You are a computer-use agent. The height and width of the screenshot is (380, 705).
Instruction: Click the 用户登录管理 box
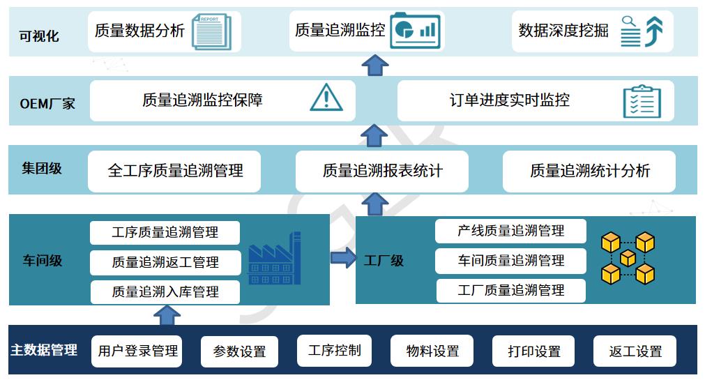pos(137,351)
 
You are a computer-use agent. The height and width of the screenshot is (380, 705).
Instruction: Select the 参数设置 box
pos(239,351)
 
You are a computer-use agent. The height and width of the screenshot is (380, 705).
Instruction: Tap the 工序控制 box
pos(335,350)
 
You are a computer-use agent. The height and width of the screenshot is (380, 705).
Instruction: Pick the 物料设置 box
pos(432,351)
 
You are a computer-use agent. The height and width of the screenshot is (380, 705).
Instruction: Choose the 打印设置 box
pos(533,351)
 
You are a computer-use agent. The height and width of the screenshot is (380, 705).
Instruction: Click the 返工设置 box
pos(635,351)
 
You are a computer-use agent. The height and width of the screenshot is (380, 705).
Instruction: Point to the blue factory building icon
pos(274,258)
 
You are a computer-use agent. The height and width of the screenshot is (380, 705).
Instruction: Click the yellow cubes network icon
pos(628,258)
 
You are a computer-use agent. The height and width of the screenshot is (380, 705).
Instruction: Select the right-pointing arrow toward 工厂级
pos(344,258)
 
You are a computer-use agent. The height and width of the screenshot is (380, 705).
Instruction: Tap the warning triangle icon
pos(326,98)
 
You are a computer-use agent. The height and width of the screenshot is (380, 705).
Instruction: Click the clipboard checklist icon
pos(642,101)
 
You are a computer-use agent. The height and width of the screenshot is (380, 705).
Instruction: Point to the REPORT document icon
pos(211,31)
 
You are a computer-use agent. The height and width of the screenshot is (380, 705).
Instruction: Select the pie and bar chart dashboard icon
pos(415,30)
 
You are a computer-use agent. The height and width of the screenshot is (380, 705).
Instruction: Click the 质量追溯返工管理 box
pos(165,262)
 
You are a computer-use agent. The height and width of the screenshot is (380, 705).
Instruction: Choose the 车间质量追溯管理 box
pos(510,260)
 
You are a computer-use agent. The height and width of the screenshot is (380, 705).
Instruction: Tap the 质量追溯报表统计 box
pos(381,171)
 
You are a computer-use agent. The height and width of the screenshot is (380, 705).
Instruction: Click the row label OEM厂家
pos(47,103)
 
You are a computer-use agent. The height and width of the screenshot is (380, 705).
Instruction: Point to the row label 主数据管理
pos(44,349)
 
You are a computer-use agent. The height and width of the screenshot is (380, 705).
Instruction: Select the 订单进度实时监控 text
pos(510,100)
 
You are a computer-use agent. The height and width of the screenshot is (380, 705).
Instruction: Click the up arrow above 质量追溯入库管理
pos(167,315)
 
